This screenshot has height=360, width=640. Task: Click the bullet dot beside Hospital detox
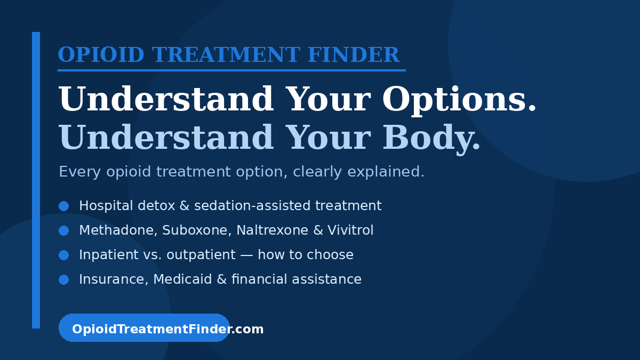pyautogui.click(x=63, y=206)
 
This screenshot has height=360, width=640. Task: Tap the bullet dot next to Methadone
pyautogui.click(x=63, y=230)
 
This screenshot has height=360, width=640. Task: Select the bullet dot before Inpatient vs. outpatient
pyautogui.click(x=63, y=255)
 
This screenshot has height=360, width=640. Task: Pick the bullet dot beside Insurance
pyautogui.click(x=63, y=279)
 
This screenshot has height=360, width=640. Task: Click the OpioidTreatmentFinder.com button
pyautogui.click(x=144, y=329)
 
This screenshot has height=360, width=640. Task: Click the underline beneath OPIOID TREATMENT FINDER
pyautogui.click(x=231, y=70)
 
